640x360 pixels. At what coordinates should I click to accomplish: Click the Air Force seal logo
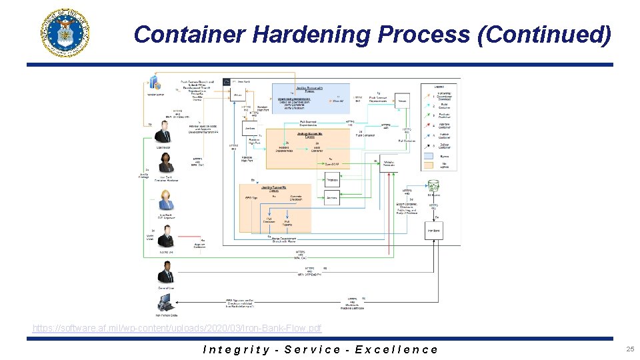coord(65,33)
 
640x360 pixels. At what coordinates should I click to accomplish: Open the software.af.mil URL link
coord(177,328)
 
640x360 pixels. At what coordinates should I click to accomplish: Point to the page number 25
coord(629,349)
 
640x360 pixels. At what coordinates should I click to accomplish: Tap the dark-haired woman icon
coord(164,162)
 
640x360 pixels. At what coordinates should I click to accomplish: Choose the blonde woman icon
coord(164,199)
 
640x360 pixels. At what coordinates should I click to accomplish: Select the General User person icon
coord(164,273)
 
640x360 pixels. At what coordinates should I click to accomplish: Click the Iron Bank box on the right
coord(433,231)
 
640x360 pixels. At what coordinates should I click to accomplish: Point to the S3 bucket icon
coord(433,186)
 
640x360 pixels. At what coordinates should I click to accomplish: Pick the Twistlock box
coord(331,181)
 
